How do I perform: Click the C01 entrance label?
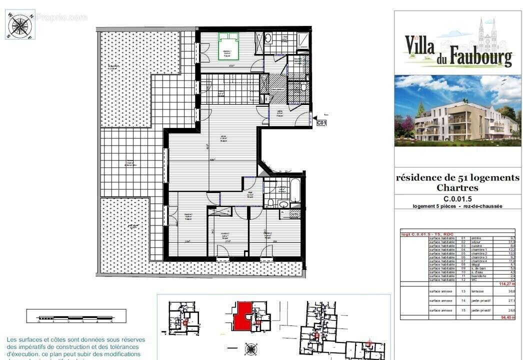pyautogui.click(x=321, y=122)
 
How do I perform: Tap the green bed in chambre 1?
pyautogui.click(x=228, y=46)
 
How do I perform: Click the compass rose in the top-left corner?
pyautogui.click(x=20, y=25)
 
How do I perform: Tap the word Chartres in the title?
pyautogui.click(x=457, y=188)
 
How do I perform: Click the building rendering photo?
pyautogui.click(x=457, y=110)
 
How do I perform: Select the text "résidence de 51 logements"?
pyautogui.click(x=457, y=177)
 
